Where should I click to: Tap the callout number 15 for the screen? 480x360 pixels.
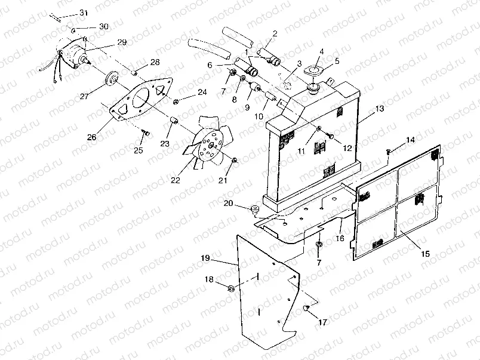[425, 253]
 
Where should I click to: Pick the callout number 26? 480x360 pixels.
[91, 137]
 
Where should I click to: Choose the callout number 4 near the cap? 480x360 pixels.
[321, 52]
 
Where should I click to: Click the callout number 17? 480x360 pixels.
[323, 322]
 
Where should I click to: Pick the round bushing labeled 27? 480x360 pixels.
[110, 79]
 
